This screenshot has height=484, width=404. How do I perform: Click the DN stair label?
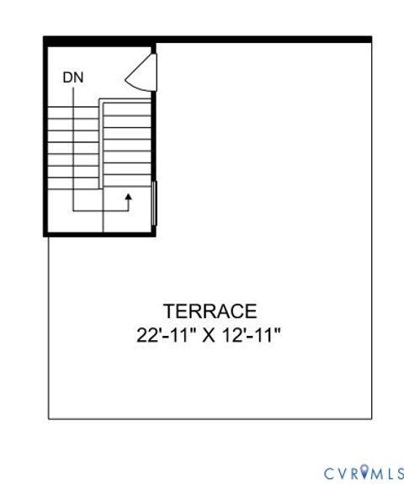pyautogui.click(x=73, y=77)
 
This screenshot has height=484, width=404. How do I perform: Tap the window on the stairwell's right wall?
pyautogui.click(x=154, y=203)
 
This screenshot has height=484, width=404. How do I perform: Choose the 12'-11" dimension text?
pyautogui.click(x=250, y=334)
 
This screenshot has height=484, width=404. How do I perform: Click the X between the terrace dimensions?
pyautogui.click(x=207, y=334)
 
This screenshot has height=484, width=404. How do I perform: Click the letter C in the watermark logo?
pyautogui.click(x=329, y=472)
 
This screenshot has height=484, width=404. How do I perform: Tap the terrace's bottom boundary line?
pyautogui.click(x=210, y=418)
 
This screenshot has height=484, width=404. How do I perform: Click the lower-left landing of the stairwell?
pyautogui.click(x=74, y=214)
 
